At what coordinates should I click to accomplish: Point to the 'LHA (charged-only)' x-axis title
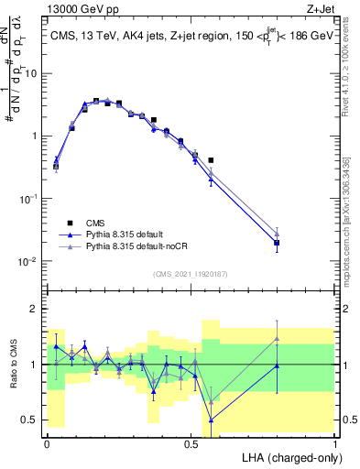pyautogui.click(x=291, y=456)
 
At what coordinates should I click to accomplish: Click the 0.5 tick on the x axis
pyautogui.click(x=191, y=442)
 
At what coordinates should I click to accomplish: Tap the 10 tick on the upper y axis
pyautogui.click(x=30, y=73)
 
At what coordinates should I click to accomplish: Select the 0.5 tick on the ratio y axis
pyautogui.click(x=30, y=420)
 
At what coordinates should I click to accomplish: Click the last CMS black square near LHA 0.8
pyautogui.click(x=277, y=244)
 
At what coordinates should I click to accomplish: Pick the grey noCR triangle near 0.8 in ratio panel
pyautogui.click(x=277, y=339)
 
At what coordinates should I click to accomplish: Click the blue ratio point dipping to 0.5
pyautogui.click(x=212, y=420)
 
